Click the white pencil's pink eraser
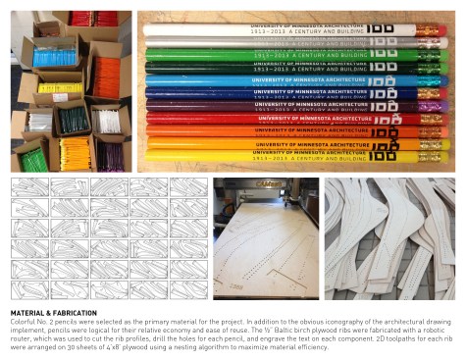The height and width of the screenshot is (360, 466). [430, 30]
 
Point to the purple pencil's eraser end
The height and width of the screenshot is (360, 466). [430, 106]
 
